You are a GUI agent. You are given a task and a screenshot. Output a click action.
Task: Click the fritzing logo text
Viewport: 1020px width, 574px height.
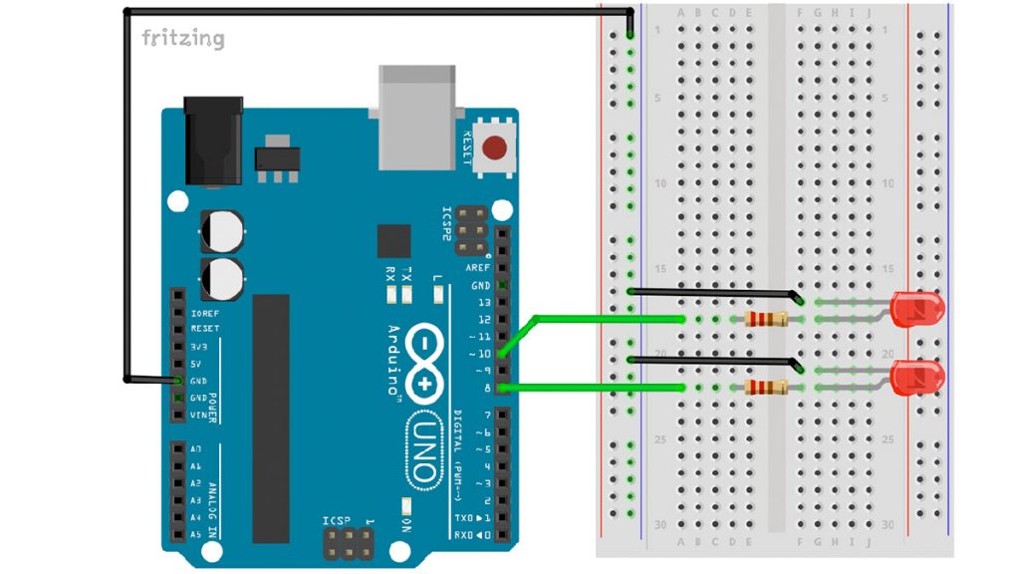pyautogui.click(x=182, y=39)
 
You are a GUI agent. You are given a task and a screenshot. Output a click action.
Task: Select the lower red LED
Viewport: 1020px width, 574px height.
pyautogui.click(x=916, y=378)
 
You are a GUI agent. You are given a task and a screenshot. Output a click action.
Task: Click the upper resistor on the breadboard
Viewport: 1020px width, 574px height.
pyautogui.click(x=766, y=319)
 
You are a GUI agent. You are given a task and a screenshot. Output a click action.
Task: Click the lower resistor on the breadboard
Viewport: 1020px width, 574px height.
pyautogui.click(x=766, y=387)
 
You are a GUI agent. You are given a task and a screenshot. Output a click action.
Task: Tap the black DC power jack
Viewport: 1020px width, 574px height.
pyautogui.click(x=213, y=140)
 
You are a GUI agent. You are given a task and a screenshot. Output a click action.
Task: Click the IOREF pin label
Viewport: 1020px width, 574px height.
pyautogui.click(x=205, y=312)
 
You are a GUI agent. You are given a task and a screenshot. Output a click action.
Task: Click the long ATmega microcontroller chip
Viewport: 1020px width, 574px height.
pyautogui.click(x=270, y=419)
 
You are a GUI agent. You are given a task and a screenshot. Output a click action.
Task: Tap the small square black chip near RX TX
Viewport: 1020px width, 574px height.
pyautogui.click(x=393, y=241)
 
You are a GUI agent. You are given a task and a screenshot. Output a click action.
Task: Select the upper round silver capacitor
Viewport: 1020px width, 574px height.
pyautogui.click(x=221, y=230)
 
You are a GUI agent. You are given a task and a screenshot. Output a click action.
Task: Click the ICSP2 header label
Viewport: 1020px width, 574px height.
pyautogui.click(x=447, y=225)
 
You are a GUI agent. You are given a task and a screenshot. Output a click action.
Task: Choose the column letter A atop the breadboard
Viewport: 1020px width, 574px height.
pyautogui.click(x=681, y=12)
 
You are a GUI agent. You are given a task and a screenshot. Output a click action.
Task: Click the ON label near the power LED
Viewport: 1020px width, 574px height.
pyautogui.click(x=407, y=524)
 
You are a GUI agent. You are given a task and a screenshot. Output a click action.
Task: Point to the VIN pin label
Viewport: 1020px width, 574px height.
pyautogui.click(x=203, y=414)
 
